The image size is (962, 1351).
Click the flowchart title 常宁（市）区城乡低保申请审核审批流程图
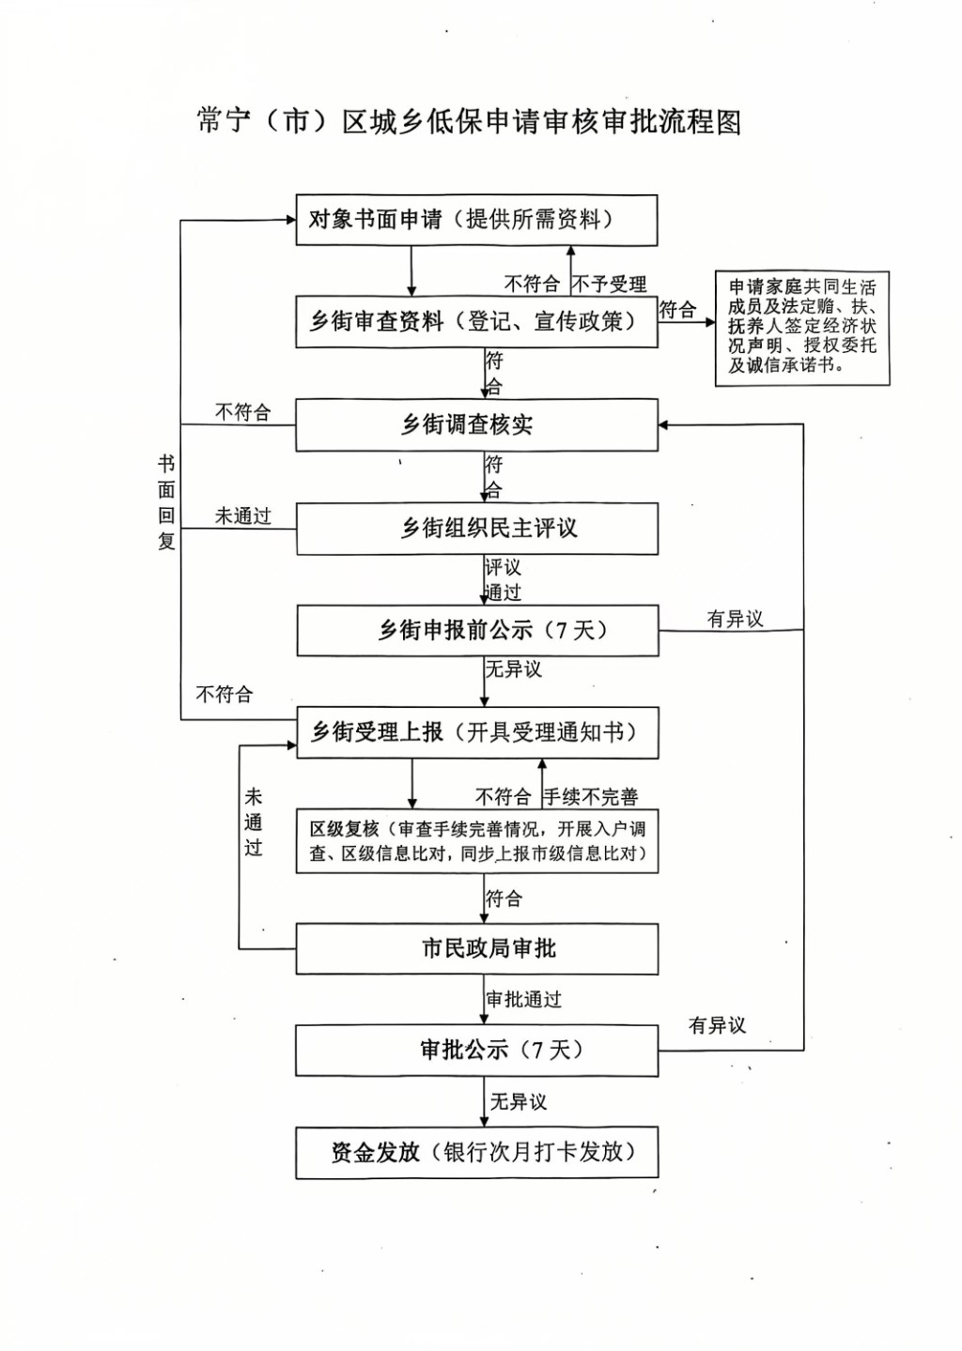point(469,122)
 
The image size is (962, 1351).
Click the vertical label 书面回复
point(166,502)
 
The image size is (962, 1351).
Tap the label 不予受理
point(610,284)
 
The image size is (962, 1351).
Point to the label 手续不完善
point(592,797)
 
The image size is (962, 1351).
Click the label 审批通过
point(524,1000)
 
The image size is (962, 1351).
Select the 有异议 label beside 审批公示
point(717,1025)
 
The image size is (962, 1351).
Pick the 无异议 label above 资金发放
point(518,1102)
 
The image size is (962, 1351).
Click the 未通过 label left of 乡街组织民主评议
point(243,516)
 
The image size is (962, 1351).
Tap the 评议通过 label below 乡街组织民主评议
point(503,579)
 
